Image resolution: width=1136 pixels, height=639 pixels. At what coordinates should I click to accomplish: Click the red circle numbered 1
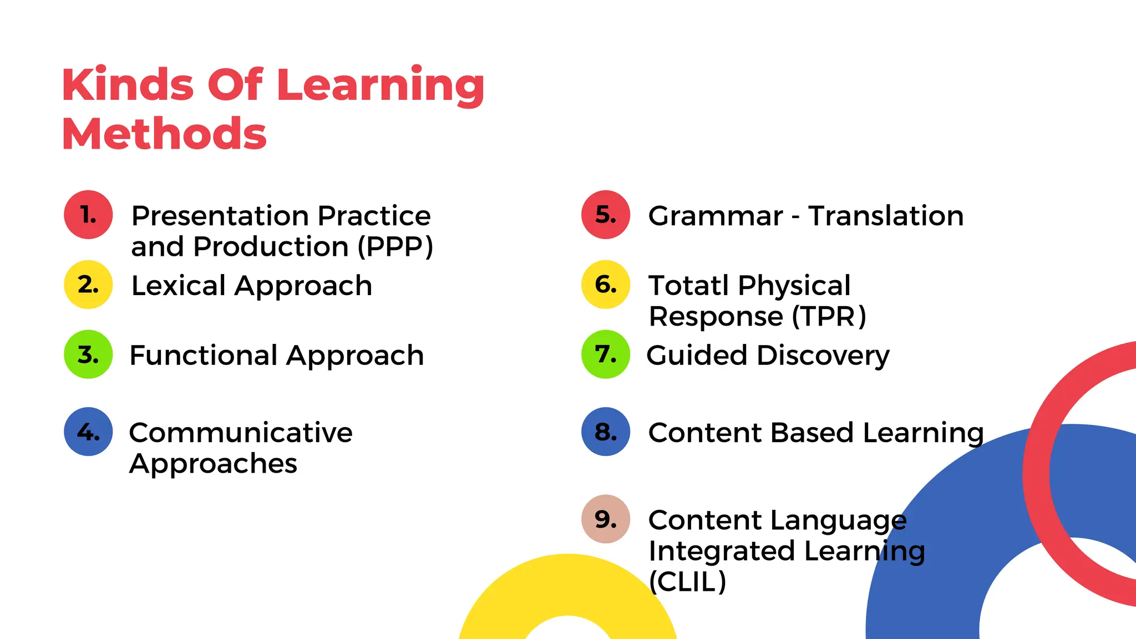tap(88, 215)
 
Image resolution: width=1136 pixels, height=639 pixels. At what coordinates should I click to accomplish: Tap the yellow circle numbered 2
tap(88, 285)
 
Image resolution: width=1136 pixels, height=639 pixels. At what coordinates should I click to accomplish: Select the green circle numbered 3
tap(88, 354)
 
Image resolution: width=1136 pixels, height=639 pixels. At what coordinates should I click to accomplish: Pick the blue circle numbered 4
tap(88, 432)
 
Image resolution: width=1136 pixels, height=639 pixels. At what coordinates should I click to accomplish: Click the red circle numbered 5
tap(606, 215)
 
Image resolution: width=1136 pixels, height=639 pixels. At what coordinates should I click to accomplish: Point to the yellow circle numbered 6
tap(606, 285)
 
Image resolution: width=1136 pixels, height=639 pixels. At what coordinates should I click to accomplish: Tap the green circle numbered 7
tap(606, 354)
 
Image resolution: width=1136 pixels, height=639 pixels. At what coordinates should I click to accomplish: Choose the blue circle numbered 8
tap(606, 432)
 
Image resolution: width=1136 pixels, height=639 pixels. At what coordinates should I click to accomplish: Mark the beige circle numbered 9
tap(606, 519)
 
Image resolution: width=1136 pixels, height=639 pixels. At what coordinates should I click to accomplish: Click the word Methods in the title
tap(164, 134)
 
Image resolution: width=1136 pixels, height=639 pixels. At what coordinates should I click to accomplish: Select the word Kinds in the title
tap(128, 85)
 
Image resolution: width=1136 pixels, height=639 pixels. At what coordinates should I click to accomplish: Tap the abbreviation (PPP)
tap(395, 247)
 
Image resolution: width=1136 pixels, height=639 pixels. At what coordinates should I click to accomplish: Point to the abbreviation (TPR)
tap(829, 317)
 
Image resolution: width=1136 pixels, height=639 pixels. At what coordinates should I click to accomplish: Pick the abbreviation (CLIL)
tap(687, 582)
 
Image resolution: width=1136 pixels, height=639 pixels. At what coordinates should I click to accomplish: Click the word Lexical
tap(179, 286)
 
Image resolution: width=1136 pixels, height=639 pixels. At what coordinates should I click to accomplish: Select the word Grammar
tap(716, 216)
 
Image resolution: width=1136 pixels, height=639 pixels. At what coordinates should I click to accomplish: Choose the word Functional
tap(204, 356)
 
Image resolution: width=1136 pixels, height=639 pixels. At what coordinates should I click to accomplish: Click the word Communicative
tap(241, 433)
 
